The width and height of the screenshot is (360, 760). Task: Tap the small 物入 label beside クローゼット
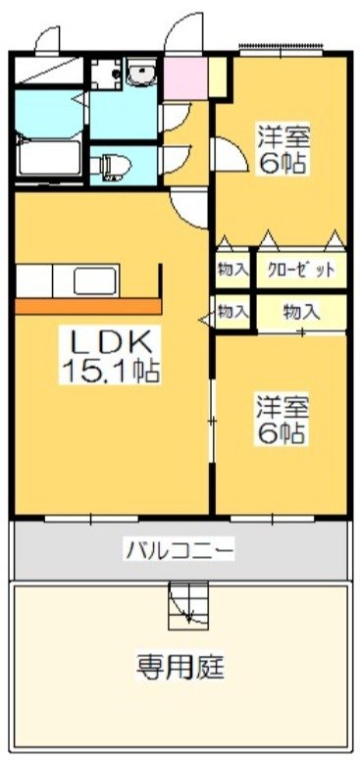[x=233, y=269]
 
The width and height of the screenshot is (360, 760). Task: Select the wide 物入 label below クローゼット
[x=300, y=313]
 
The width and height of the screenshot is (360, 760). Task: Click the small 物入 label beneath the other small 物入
[x=233, y=313]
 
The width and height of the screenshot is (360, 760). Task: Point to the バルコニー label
[x=179, y=550]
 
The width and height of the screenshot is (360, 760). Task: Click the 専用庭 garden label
[x=180, y=668]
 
